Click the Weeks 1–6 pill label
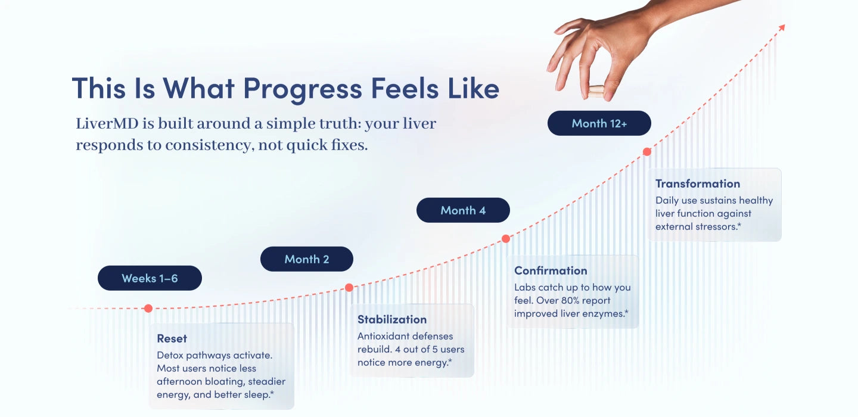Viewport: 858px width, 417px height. [150, 278]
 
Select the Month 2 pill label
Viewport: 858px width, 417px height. [307, 259]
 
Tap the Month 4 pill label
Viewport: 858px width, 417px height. [463, 210]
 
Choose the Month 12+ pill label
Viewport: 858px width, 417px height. [599, 123]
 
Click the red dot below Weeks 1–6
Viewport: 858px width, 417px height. [148, 308]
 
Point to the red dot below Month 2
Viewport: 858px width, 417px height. [349, 288]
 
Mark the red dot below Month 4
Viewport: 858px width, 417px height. [506, 239]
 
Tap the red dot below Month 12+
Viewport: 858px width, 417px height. [647, 152]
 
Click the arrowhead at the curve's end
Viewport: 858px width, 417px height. [782, 27]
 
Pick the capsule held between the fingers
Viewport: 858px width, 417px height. [596, 92]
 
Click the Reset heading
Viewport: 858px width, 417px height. [172, 338]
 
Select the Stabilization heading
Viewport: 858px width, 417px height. [392, 319]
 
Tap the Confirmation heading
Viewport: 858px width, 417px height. [551, 270]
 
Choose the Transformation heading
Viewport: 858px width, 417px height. [698, 184]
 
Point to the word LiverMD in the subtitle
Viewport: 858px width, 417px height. [107, 124]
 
